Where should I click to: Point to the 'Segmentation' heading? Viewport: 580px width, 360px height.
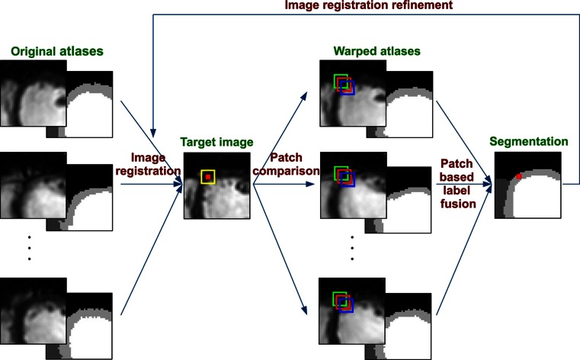pyautogui.click(x=529, y=142)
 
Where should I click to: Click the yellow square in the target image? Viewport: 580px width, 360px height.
pyautogui.click(x=207, y=177)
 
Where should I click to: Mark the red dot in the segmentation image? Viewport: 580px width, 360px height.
pyautogui.click(x=518, y=177)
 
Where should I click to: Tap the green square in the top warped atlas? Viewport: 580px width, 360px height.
pyautogui.click(x=341, y=80)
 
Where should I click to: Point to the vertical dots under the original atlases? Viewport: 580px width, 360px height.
pyautogui.click(x=29, y=248)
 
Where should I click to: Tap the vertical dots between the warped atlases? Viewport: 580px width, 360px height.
pyautogui.click(x=352, y=248)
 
